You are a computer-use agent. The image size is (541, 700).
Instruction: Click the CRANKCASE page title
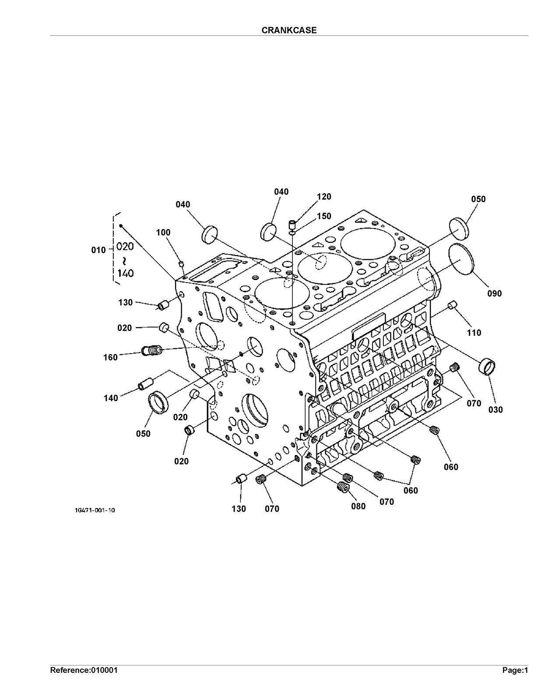(289, 30)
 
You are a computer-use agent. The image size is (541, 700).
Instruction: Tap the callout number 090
(494, 294)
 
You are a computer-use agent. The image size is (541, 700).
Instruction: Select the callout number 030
(495, 410)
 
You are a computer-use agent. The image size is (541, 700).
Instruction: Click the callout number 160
(110, 357)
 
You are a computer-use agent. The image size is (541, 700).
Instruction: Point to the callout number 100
(163, 232)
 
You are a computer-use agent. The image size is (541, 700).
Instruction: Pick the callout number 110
(474, 333)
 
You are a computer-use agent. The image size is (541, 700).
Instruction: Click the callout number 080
(358, 507)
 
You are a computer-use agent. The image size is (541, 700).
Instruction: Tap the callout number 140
(111, 398)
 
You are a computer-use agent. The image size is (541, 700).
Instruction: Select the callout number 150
(324, 216)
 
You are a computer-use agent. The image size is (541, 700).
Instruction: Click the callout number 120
(324, 197)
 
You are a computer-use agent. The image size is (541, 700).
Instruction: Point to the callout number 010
(98, 250)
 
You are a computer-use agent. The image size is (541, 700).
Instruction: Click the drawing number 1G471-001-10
(95, 510)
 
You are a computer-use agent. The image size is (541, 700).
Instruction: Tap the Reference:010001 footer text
(84, 670)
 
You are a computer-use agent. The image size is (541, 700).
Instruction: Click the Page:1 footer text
(515, 670)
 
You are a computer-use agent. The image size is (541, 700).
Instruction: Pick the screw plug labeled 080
(343, 486)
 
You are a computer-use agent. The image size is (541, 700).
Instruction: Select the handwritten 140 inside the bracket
(126, 274)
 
